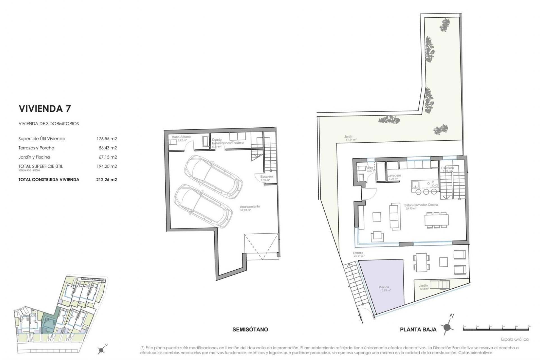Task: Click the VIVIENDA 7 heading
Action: (x=44, y=109)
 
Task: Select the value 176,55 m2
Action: (x=106, y=139)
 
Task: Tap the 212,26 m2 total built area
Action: (x=106, y=179)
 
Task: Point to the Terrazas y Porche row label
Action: (x=36, y=148)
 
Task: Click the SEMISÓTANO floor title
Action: (x=250, y=329)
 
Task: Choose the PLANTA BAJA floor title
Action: (x=418, y=330)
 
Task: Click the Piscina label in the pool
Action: (x=384, y=287)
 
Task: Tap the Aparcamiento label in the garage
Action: (x=250, y=206)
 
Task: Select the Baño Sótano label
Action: (x=181, y=137)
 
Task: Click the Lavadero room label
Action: (x=394, y=175)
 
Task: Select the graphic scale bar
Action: (x=496, y=328)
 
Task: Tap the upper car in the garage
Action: (x=213, y=174)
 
